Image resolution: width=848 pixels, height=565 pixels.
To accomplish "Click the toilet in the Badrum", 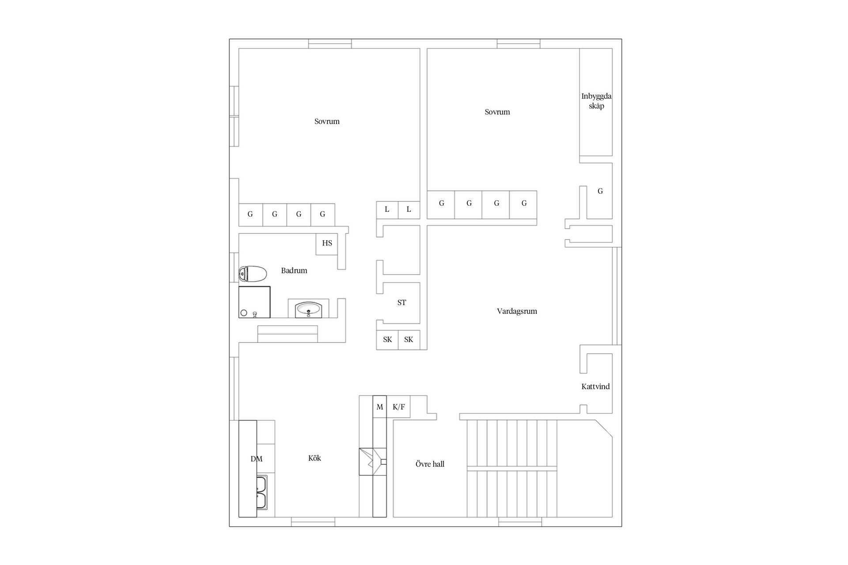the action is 253,274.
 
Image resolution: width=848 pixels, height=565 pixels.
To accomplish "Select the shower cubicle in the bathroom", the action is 254,302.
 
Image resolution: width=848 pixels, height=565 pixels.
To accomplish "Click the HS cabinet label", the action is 327,243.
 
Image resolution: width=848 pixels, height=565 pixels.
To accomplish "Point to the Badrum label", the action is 294,271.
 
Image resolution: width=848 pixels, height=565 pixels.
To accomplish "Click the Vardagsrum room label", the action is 517,311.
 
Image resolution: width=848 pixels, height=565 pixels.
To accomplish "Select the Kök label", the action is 314,458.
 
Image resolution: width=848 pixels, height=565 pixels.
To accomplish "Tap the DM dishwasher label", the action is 256,459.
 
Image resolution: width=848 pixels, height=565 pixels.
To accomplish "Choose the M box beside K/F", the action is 380,407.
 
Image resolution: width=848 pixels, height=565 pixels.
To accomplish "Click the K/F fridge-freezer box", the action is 398,407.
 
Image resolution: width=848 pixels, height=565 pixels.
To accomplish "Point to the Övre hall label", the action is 430,464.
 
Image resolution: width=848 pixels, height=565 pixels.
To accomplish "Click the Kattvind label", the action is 595,387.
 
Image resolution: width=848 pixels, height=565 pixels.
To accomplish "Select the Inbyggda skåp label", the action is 596,101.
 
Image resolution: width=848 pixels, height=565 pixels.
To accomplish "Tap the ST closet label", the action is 401,303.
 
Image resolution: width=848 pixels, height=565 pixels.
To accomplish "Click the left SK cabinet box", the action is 387,340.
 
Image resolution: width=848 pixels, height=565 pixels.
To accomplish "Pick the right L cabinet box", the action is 409,210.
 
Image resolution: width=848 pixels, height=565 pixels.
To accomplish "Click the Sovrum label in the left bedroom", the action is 327,121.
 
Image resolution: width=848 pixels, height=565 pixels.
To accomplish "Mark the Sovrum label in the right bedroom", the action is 497,112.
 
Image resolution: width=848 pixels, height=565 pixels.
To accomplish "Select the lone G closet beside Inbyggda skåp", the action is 600,191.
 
